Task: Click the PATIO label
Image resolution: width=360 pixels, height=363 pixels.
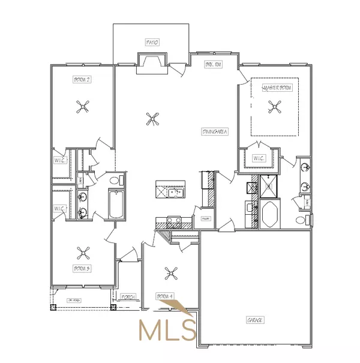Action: click(152, 43)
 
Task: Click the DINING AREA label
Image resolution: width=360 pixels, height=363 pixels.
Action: click(212, 131)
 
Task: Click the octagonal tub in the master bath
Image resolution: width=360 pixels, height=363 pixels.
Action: click(268, 214)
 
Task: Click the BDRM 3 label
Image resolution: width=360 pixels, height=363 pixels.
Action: click(82, 268)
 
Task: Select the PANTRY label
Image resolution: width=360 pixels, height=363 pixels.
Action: click(205, 218)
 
